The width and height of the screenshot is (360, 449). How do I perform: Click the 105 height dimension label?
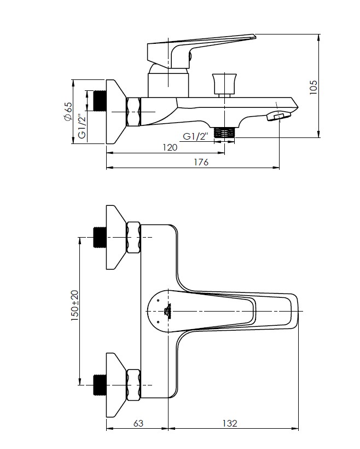[313, 87]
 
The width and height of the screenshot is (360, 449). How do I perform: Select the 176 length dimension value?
[201, 163]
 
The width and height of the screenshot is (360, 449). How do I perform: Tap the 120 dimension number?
[170, 147]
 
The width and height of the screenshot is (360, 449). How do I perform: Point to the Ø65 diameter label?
[68, 111]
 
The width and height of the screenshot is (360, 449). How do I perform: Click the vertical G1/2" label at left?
[82, 126]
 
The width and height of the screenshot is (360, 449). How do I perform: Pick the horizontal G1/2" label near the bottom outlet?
[195, 136]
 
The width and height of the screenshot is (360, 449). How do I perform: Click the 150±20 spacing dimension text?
[74, 305]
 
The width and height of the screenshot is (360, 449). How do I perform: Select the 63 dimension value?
[138, 423]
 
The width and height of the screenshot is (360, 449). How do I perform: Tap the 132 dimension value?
[230, 423]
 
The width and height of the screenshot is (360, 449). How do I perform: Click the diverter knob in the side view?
[225, 85]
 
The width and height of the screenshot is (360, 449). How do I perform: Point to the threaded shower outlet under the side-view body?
[224, 132]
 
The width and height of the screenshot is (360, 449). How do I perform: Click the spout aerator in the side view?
[278, 116]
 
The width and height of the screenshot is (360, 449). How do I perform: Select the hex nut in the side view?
[133, 112]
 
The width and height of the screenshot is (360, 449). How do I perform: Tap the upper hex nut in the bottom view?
[133, 238]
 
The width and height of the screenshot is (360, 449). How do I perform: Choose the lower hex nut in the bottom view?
[133, 385]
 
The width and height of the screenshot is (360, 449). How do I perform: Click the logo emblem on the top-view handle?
[167, 311]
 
